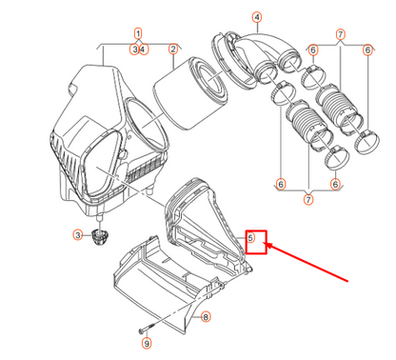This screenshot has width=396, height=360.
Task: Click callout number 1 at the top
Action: (x=138, y=32)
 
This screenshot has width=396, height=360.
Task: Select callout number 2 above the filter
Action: (x=173, y=49)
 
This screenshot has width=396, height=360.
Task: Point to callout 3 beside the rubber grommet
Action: (x=78, y=234)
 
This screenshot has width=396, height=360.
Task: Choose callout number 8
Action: (x=206, y=316)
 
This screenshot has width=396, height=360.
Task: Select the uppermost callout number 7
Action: (x=340, y=33)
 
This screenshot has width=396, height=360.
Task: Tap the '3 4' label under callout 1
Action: (x=138, y=49)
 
